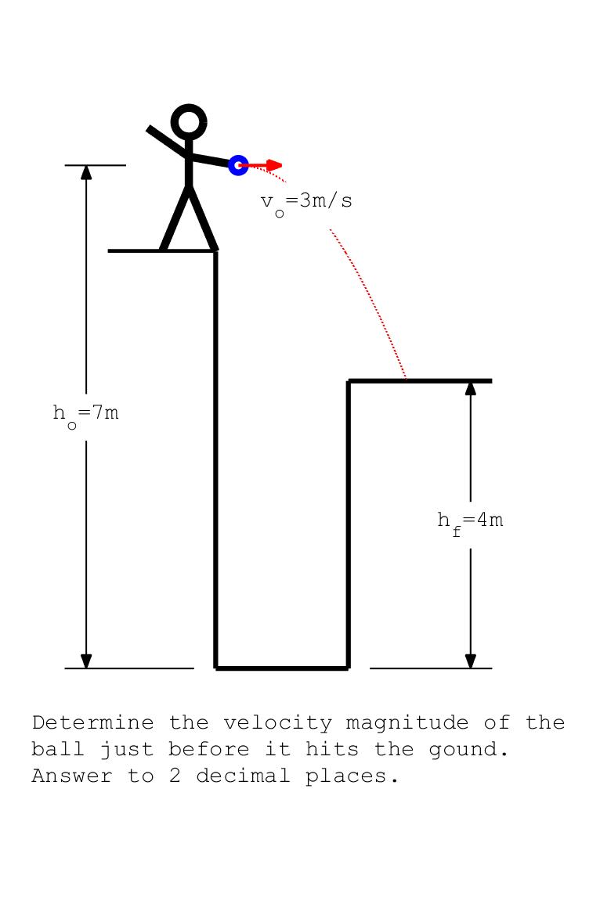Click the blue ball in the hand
point(238,165)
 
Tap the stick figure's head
point(189,122)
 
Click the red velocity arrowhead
point(274,165)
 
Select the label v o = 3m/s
point(306,202)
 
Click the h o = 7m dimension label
point(86,414)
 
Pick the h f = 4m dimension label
point(470,521)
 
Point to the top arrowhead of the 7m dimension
point(86,172)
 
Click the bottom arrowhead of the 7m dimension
point(86,661)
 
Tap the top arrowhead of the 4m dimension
point(470,388)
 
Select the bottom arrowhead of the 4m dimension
point(470,661)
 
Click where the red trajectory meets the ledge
point(406,380)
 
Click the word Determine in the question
point(92,722)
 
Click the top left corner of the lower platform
point(349,381)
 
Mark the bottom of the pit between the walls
point(282,668)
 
